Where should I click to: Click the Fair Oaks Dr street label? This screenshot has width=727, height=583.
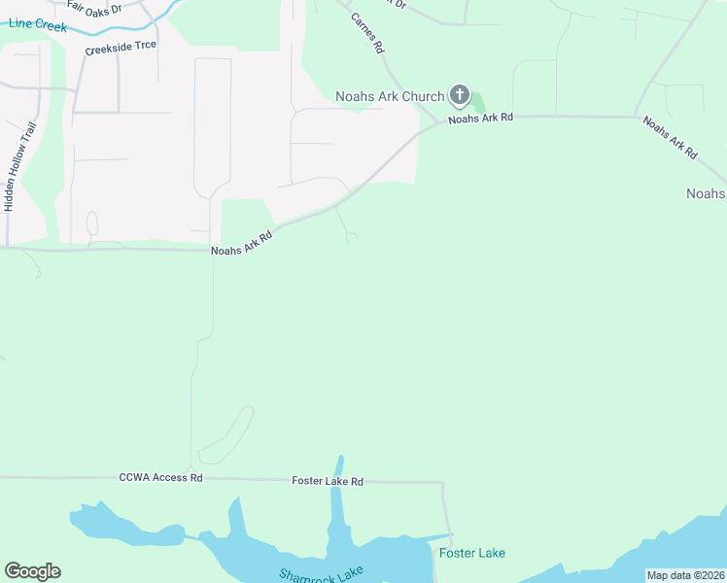click(x=94, y=7)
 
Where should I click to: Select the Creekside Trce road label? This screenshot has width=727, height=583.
click(x=121, y=46)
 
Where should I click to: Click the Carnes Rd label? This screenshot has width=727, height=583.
click(x=367, y=33)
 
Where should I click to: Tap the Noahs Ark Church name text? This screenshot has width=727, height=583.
click(x=390, y=96)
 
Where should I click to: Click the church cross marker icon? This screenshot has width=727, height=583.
click(x=460, y=96)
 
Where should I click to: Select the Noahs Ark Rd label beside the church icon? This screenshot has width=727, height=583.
click(x=480, y=118)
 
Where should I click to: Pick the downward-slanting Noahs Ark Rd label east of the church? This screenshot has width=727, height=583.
click(x=670, y=137)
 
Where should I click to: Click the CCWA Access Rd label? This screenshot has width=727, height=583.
click(x=161, y=478)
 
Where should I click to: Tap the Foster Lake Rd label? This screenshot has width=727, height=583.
click(x=328, y=481)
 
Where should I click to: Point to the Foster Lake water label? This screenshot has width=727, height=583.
click(x=472, y=553)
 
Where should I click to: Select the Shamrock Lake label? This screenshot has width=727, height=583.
click(x=321, y=575)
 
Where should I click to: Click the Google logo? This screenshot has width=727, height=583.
click(x=32, y=571)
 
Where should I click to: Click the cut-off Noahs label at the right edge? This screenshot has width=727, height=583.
click(x=707, y=193)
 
